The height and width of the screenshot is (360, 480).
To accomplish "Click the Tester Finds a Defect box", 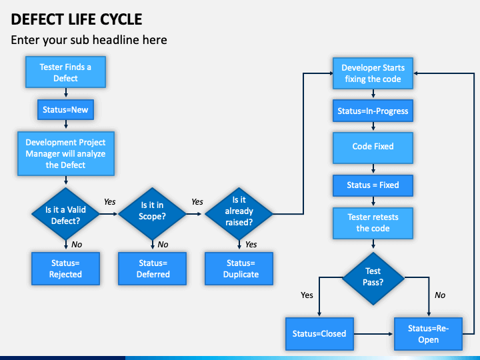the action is point(65,72).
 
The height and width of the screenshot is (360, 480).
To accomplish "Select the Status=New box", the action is point(65,109).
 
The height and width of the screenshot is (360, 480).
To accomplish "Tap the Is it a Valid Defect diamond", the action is point(65,214).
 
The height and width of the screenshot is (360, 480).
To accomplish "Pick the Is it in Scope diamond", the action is point(152,214).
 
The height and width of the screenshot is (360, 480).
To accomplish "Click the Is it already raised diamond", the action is point(239,214).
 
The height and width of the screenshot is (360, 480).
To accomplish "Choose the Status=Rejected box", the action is point(65,269).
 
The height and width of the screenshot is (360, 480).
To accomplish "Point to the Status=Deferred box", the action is point(152,269).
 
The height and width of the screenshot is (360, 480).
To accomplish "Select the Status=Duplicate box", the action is point(239,269).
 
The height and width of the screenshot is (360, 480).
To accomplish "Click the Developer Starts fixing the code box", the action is point(373,73).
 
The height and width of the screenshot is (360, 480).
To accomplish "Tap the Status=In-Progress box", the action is point(373,111).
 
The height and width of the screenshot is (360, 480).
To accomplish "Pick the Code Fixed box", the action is point(373,148).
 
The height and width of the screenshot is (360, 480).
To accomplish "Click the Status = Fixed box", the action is point(373,185).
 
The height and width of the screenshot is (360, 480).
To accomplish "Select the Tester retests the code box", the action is point(373,223).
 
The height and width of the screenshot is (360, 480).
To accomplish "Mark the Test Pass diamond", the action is point(373,279).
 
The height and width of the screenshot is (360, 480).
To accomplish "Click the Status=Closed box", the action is point(319,334).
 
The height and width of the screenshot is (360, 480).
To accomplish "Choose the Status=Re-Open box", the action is point(428,334).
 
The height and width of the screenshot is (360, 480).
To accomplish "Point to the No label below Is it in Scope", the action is point(163,245).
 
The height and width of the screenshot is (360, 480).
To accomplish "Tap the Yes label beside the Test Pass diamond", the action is point(307,295).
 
